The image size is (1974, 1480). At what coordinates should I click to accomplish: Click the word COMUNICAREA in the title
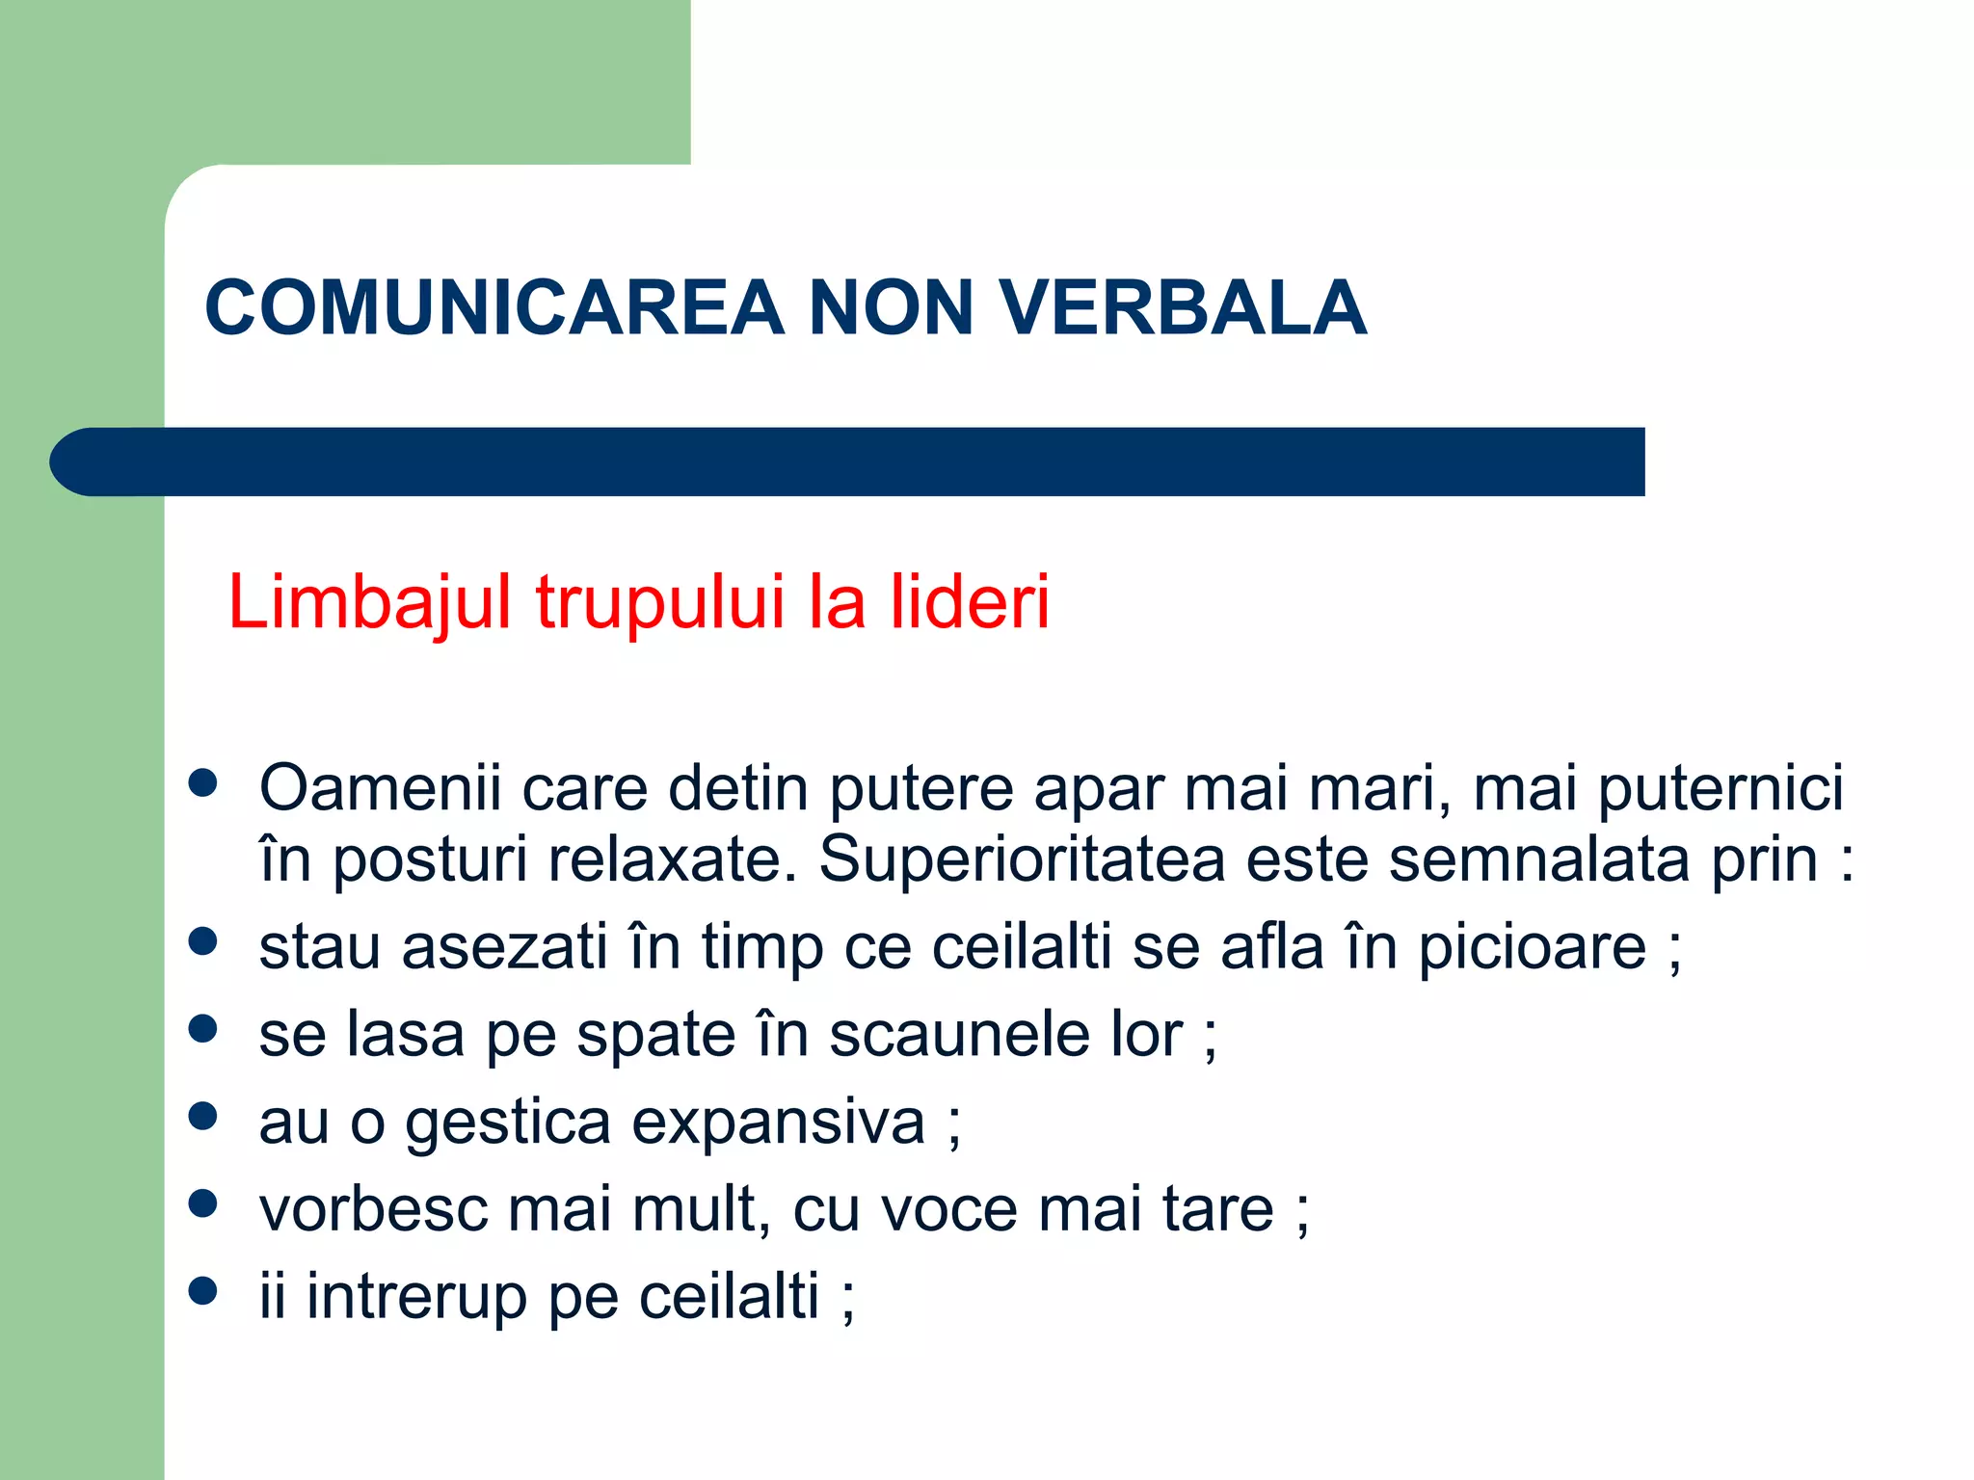click(x=494, y=308)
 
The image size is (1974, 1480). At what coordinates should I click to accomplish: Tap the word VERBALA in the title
click(x=1183, y=308)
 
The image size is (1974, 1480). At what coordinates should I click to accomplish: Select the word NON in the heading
click(x=892, y=308)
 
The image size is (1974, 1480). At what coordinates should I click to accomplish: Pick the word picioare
click(x=1532, y=948)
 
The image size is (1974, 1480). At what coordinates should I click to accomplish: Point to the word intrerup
click(x=416, y=1297)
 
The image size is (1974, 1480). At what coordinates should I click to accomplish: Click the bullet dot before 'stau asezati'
click(x=202, y=941)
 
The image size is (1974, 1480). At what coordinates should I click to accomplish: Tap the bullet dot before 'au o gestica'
click(x=202, y=1116)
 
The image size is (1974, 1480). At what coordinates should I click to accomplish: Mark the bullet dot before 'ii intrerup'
click(x=202, y=1290)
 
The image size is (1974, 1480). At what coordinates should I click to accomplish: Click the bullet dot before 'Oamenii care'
click(x=202, y=782)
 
